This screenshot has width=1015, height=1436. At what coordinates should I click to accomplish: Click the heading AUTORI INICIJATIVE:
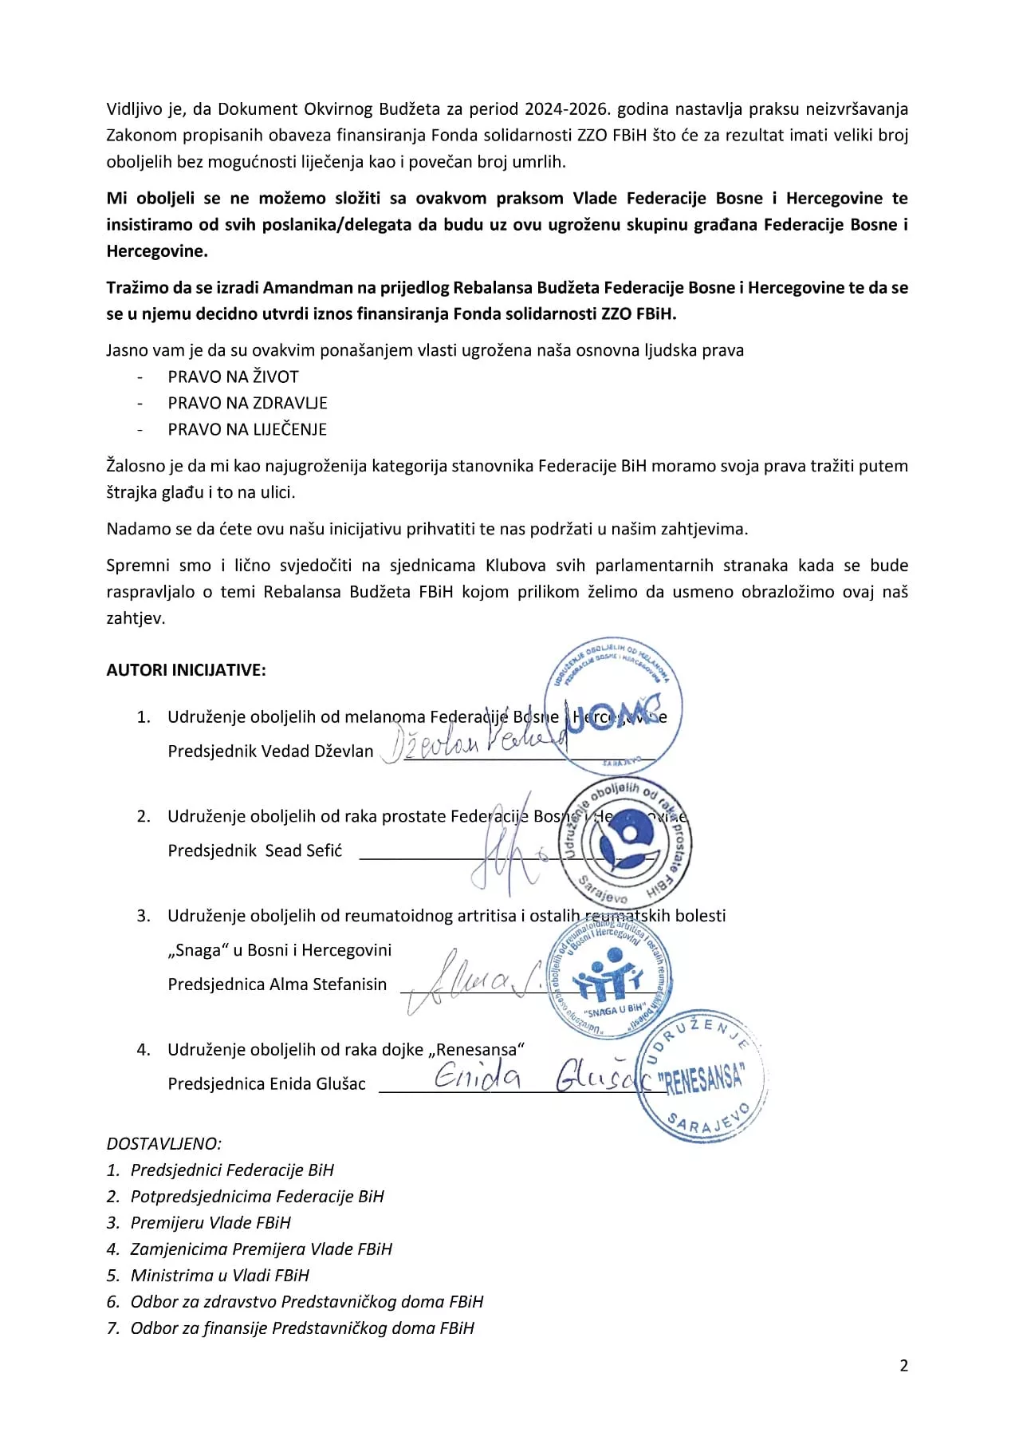coord(186,670)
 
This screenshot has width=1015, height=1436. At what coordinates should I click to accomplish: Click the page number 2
coord(903,1365)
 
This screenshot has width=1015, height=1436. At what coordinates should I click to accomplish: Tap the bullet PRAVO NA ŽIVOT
coord(233,377)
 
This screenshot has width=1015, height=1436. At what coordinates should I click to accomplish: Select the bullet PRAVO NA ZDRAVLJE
coord(247,403)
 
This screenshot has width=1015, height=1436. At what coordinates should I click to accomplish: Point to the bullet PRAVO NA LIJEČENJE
coord(247,429)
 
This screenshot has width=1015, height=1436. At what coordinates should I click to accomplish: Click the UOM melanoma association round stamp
coord(613,706)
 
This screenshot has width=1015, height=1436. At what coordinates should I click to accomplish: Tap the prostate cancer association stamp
coord(626,842)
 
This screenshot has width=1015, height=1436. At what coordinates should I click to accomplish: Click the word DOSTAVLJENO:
coord(164,1144)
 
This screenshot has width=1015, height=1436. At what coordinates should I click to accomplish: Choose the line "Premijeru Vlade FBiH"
coord(210,1223)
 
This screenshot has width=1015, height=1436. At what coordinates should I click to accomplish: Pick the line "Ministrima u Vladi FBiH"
coord(219,1276)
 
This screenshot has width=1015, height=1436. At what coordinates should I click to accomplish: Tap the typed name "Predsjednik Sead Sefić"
coord(255,851)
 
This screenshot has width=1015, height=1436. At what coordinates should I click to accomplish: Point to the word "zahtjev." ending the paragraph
coord(136,618)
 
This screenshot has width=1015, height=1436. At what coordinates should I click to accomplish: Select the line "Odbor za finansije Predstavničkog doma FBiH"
coord(301,1328)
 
